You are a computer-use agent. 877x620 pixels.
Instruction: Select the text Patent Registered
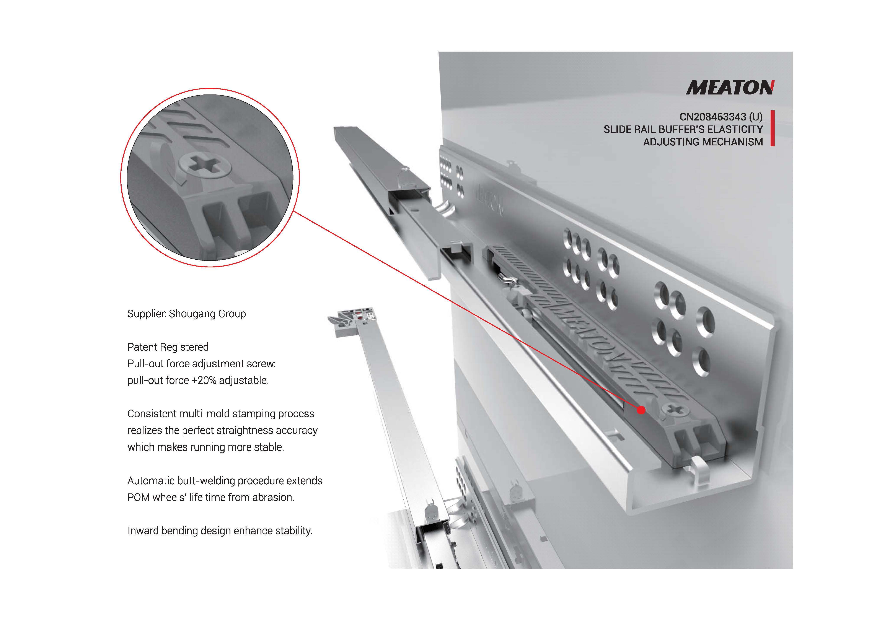click(168, 347)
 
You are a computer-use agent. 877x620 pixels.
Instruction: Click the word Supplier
click(147, 314)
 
